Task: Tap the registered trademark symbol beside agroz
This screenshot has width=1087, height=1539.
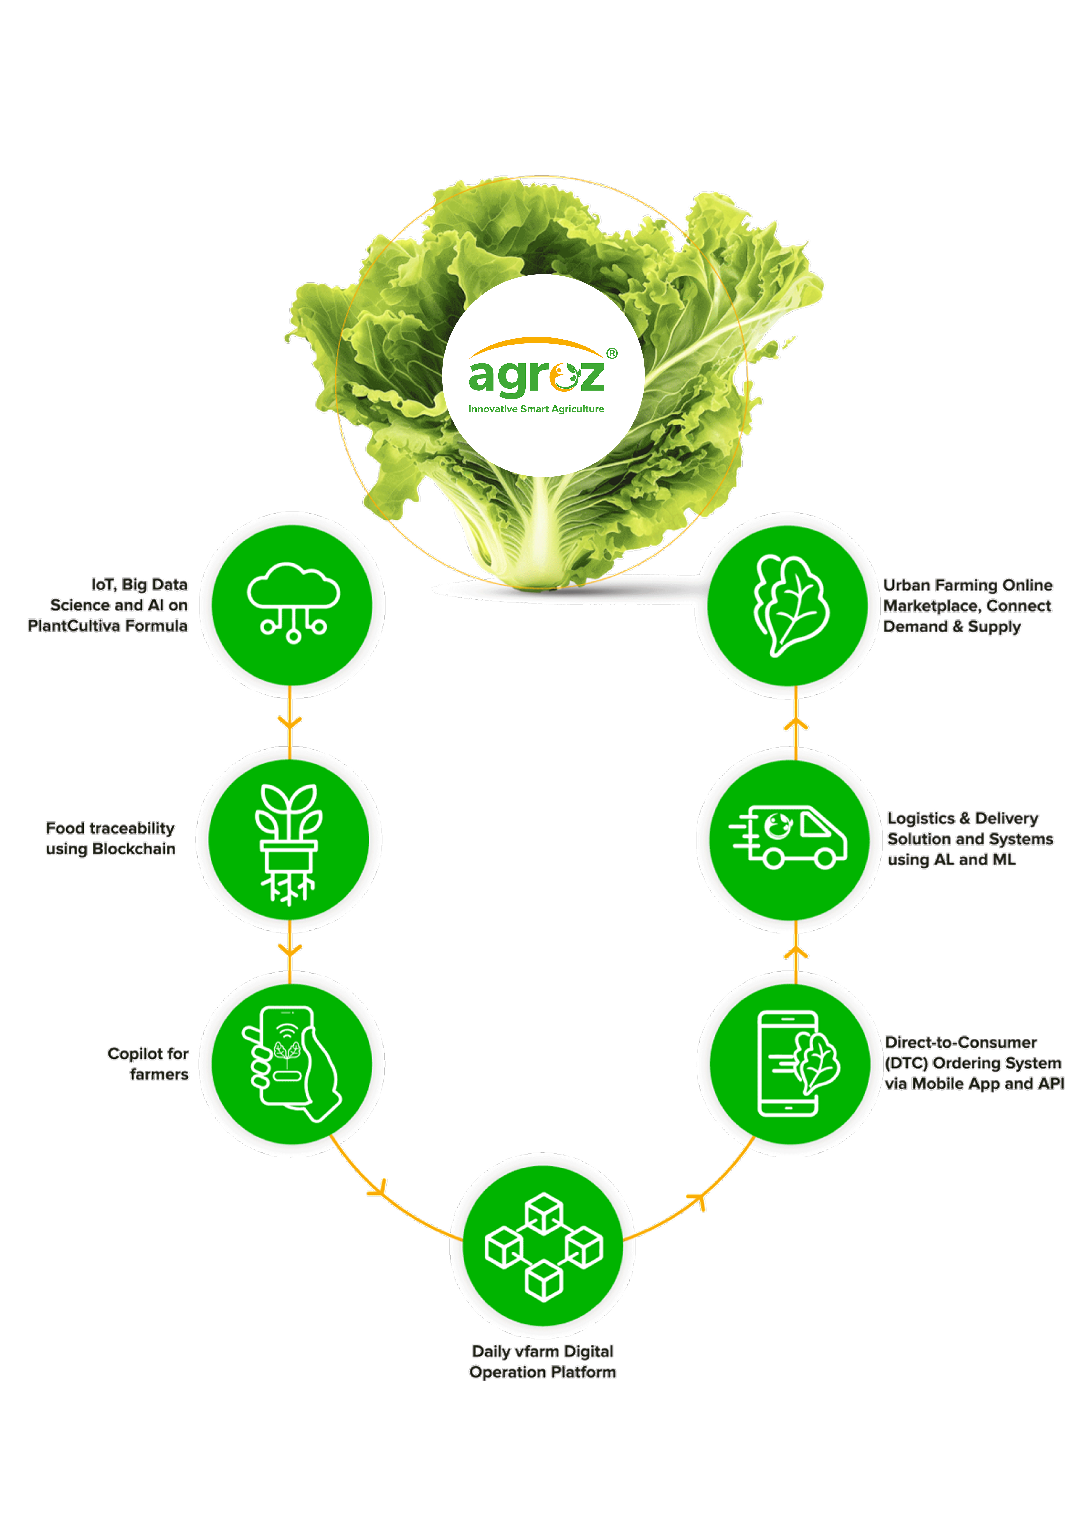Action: tap(612, 353)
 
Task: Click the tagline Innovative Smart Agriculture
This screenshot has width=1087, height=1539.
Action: tap(536, 409)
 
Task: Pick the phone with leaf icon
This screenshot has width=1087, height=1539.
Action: tap(798, 1064)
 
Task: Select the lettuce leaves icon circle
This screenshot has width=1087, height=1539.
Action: tap(788, 605)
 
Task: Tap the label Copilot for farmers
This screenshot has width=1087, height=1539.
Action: tap(148, 1064)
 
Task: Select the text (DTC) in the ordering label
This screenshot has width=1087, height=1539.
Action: tap(907, 1063)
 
